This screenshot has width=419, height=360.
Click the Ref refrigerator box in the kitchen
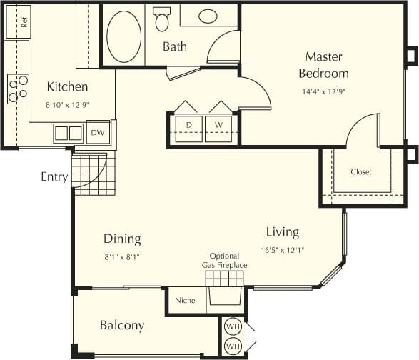point(18,21)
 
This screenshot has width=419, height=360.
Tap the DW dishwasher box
point(96,132)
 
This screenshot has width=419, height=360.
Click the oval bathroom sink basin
point(208,16)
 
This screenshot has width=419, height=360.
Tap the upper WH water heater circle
point(232,326)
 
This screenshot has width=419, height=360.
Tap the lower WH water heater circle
point(232,346)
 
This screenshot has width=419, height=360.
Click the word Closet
point(360,172)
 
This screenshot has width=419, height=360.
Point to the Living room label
point(282,232)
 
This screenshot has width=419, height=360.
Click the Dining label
point(122,239)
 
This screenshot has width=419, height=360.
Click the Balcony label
point(121,326)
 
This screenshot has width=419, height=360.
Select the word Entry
point(55,177)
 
